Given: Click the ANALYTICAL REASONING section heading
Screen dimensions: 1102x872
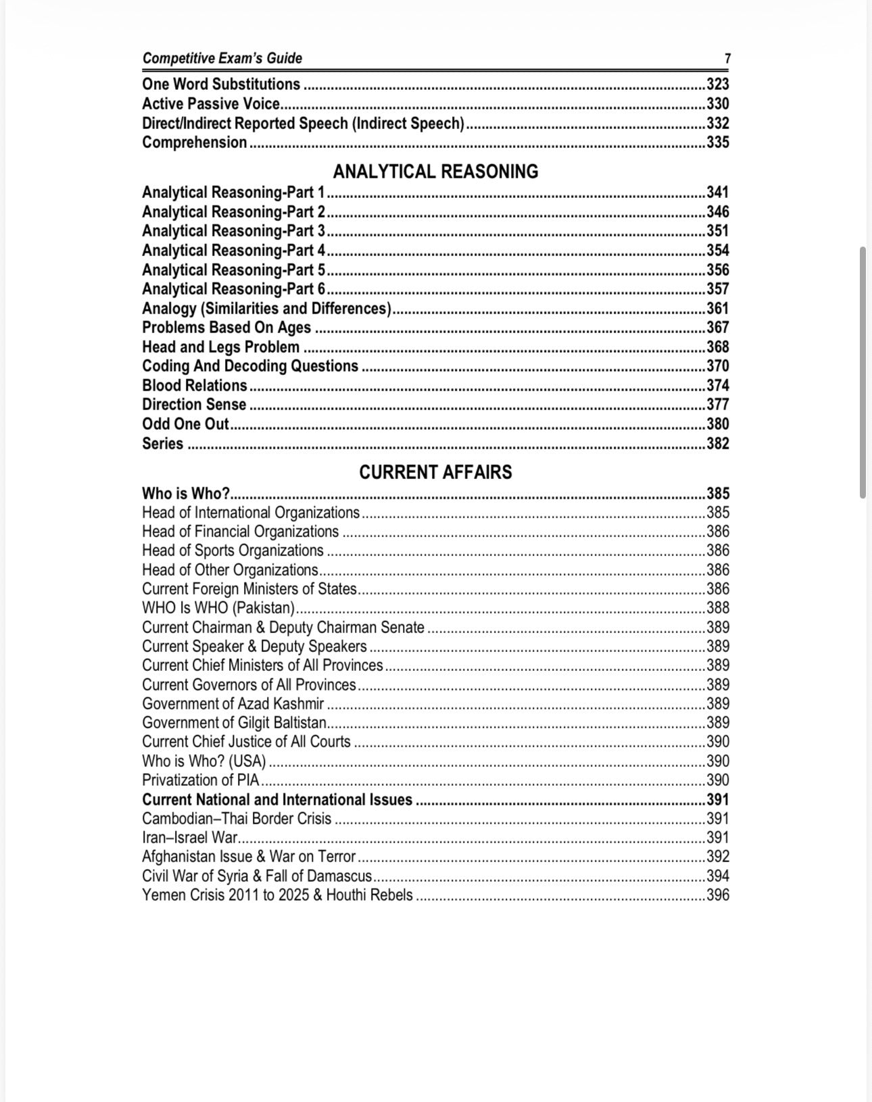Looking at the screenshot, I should tap(435, 172).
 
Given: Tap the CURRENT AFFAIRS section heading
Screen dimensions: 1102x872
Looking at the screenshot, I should tap(435, 472).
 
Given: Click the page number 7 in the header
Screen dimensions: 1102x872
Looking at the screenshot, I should tap(727, 59).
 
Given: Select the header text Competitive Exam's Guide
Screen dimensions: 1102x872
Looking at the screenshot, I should tap(222, 59).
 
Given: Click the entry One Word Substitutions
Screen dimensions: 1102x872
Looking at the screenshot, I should tap(221, 84).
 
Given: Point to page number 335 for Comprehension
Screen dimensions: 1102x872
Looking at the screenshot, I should tap(717, 143).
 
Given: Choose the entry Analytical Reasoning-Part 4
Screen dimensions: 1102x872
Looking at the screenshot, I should tap(234, 251).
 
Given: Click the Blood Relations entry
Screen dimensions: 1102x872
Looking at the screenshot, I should tap(195, 386).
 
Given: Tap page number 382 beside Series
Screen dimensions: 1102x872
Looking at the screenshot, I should tap(717, 444).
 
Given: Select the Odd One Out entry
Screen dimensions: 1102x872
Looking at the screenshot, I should tap(186, 424).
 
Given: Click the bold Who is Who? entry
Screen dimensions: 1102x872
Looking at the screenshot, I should tap(186, 494).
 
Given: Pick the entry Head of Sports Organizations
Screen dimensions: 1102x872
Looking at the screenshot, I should tap(233, 551).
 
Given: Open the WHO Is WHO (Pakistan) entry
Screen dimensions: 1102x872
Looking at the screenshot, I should tap(218, 608).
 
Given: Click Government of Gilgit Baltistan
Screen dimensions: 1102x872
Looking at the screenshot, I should tap(234, 723).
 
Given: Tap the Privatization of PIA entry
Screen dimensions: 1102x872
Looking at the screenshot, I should tap(201, 780).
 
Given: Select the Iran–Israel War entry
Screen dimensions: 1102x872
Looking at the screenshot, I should tap(190, 838).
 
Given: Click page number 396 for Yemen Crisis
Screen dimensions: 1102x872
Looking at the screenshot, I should tap(717, 895).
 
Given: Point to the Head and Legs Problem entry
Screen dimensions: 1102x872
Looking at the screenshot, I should tap(220, 347).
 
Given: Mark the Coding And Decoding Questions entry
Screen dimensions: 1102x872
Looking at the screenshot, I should tap(250, 366).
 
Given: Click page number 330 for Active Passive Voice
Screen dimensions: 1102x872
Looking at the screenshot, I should tap(717, 104).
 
